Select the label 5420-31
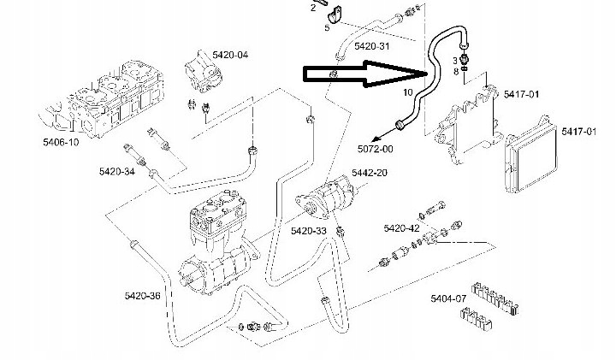pyautogui.click(x=373, y=45)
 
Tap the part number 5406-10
pyautogui.click(x=61, y=142)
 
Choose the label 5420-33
pyautogui.click(x=309, y=231)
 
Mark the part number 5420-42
pyautogui.click(x=401, y=228)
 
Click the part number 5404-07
pyautogui.click(x=448, y=299)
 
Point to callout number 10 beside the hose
pyautogui.click(x=406, y=91)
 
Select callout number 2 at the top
pyautogui.click(x=313, y=7)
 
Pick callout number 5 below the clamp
pyautogui.click(x=327, y=28)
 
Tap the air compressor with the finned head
pyautogui.click(x=218, y=248)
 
